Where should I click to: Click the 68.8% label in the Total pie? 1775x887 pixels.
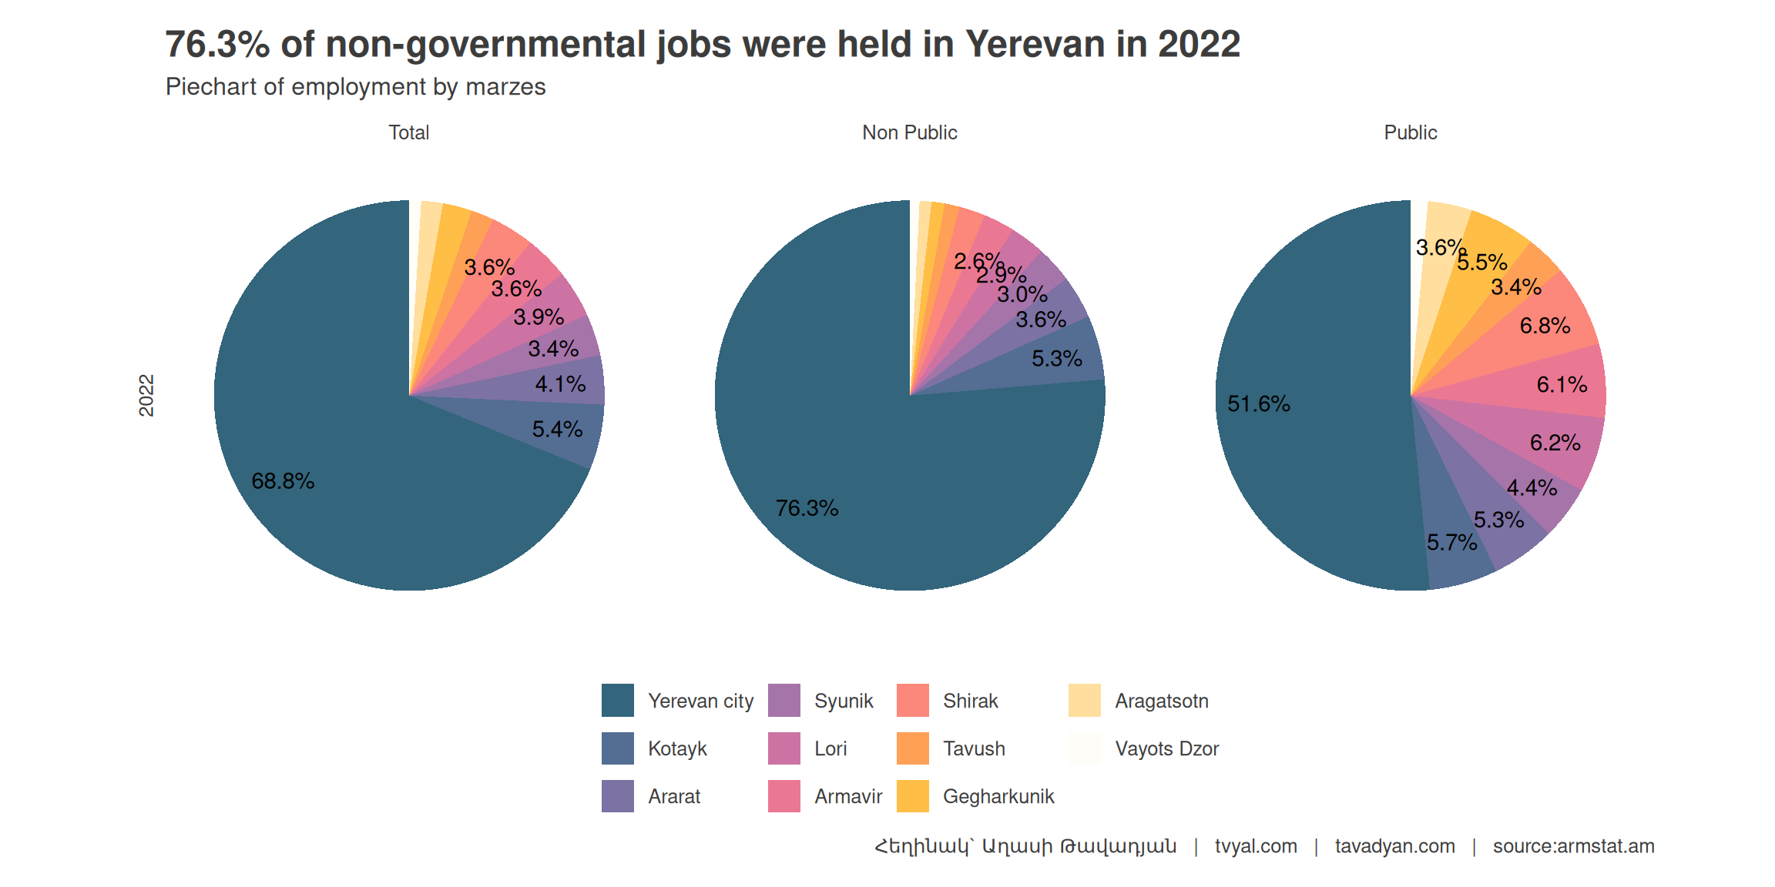coord(283,481)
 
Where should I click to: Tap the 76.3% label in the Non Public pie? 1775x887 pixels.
coord(807,508)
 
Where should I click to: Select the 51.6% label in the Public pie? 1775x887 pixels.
coord(1258,404)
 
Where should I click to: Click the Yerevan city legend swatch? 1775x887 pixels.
coord(617,700)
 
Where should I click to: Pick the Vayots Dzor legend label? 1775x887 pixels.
coord(1166,748)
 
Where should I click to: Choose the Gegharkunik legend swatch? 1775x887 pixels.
coord(913,796)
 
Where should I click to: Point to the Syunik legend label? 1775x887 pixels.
coord(844,701)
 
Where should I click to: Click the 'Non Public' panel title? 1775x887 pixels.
coord(909,132)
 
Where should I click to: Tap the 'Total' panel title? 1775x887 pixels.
coord(408,132)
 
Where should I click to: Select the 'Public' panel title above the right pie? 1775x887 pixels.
coord(1410,132)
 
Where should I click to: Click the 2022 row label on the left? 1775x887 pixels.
coord(146,396)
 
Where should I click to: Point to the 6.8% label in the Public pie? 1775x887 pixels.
coord(1545,326)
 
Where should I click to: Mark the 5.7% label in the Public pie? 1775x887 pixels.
coord(1451,543)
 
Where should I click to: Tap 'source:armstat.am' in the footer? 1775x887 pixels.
coord(1573,846)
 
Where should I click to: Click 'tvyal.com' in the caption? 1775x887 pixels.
coord(1256,846)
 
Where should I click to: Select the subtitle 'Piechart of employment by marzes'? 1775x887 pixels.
coord(355,87)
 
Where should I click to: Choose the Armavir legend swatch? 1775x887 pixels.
coord(784,796)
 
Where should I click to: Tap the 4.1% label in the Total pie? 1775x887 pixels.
coord(560,384)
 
